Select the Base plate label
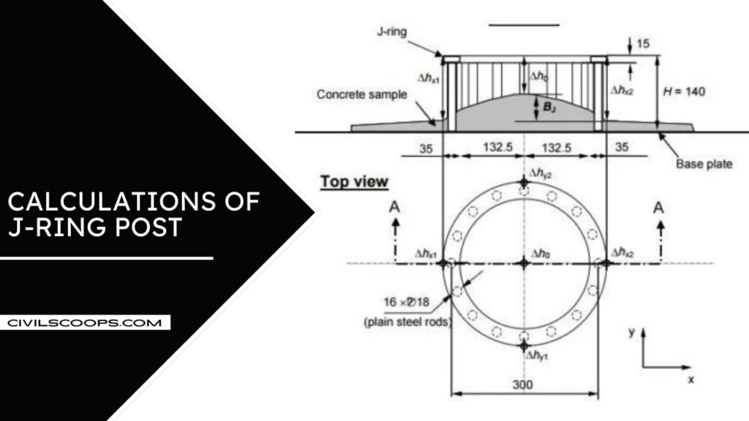tap(704, 164)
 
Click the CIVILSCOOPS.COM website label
tap(85, 322)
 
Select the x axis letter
tap(690, 379)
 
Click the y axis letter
tap(632, 332)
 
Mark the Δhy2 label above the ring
tap(541, 176)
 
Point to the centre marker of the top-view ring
tap(524, 263)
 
